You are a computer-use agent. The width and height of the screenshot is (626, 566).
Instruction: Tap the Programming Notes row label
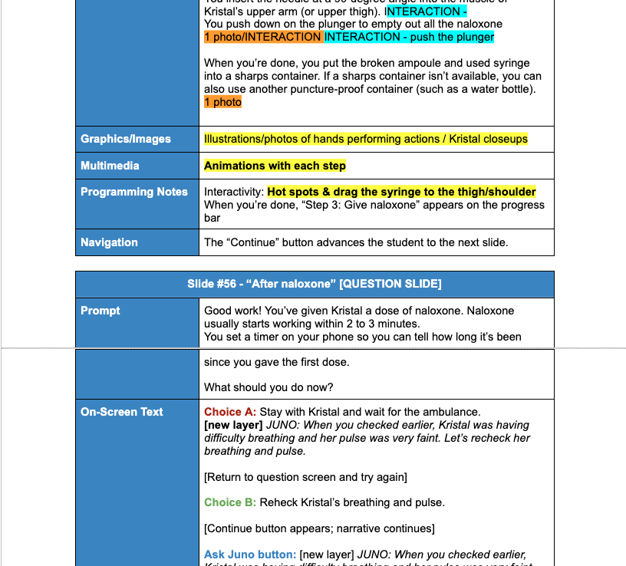click(x=134, y=192)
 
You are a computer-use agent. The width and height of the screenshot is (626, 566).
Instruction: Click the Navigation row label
click(x=109, y=242)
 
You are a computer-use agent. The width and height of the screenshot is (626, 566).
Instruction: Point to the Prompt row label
click(x=100, y=311)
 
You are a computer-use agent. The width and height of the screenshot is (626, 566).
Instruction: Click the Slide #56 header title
click(x=314, y=284)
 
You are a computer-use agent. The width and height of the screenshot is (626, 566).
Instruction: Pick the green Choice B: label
click(x=230, y=502)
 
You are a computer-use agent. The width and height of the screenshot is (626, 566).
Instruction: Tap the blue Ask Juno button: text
click(x=250, y=554)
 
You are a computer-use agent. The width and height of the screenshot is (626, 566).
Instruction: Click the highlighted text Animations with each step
click(x=275, y=166)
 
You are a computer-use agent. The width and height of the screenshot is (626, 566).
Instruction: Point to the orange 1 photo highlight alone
click(x=222, y=102)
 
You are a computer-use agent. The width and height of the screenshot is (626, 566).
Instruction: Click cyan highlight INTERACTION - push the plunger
click(x=409, y=37)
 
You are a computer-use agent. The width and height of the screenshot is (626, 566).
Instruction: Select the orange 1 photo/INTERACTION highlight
click(x=263, y=37)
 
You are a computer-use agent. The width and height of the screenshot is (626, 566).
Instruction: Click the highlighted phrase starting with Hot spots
click(x=401, y=192)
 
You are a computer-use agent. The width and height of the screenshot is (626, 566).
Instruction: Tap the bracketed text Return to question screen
click(x=305, y=477)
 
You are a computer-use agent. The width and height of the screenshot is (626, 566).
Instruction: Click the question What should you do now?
click(x=269, y=387)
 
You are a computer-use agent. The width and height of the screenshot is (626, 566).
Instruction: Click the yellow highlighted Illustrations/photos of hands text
click(x=365, y=139)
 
